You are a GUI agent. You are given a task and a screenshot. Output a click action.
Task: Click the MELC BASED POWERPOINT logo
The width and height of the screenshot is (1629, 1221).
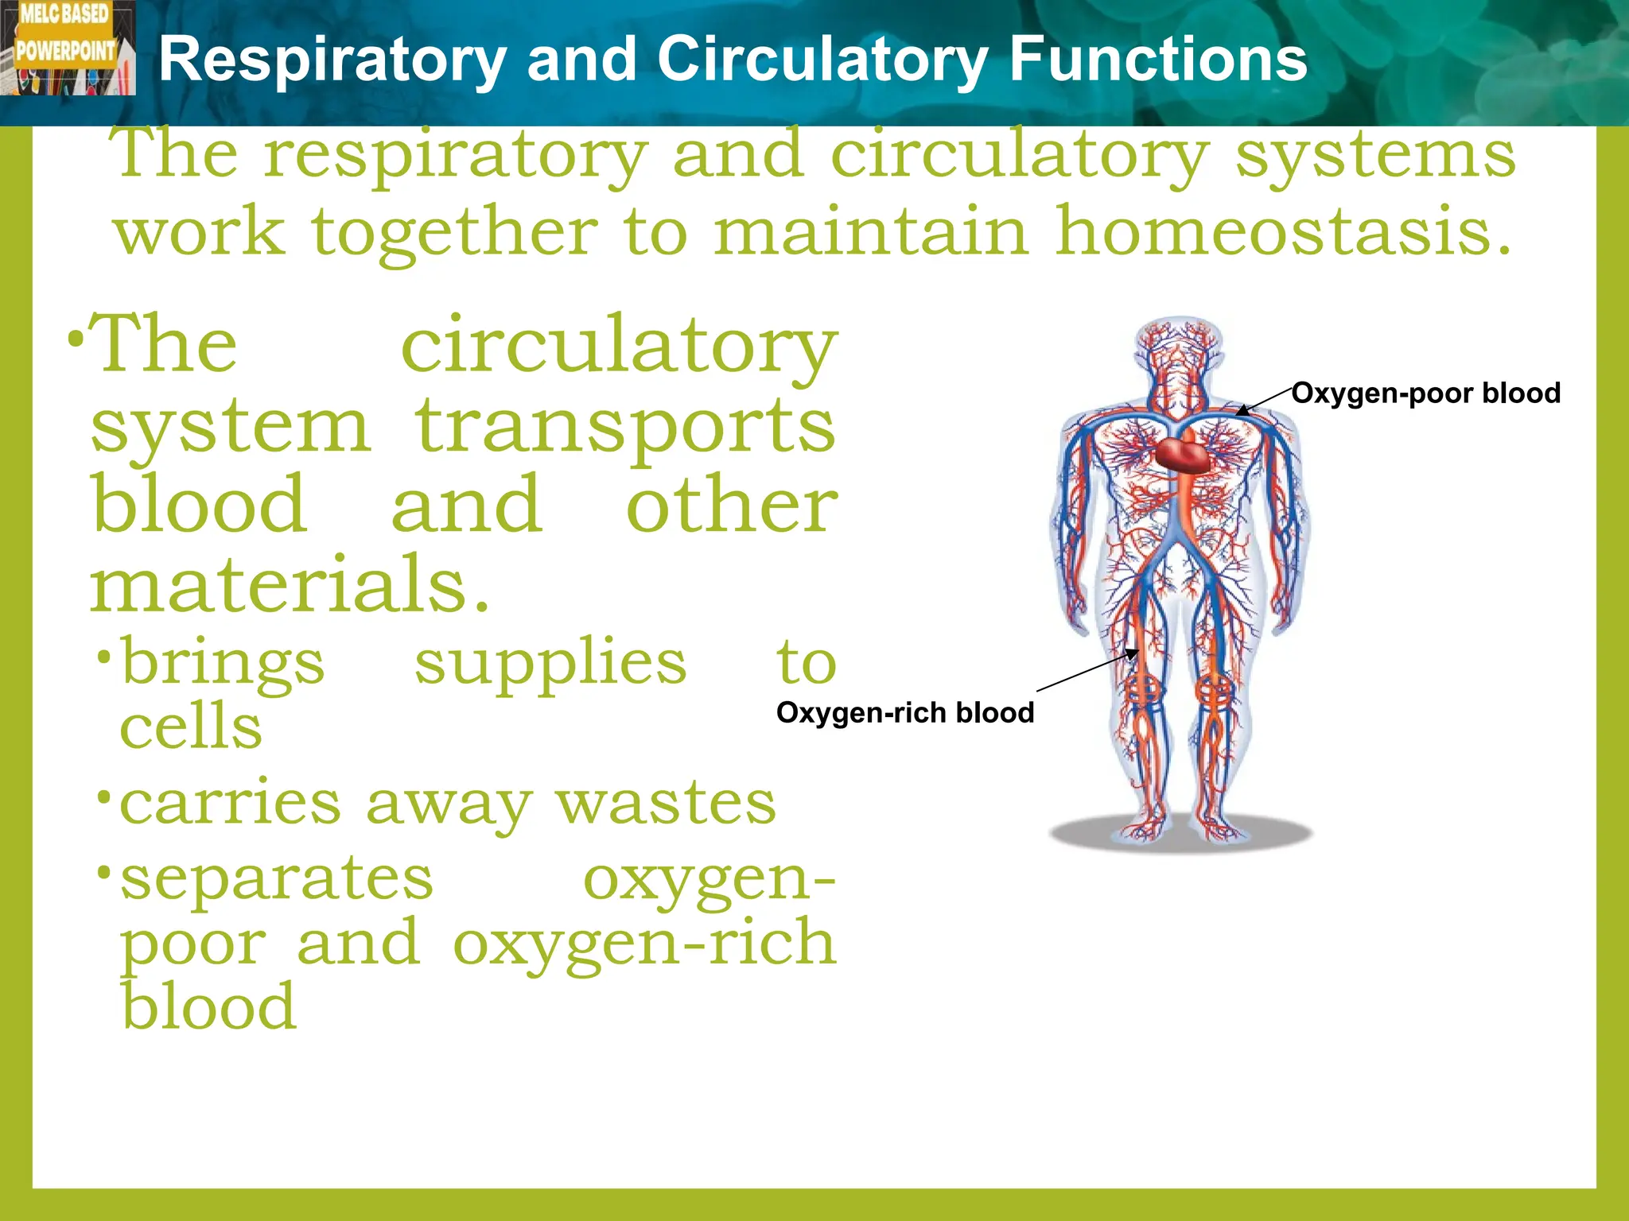(x=67, y=48)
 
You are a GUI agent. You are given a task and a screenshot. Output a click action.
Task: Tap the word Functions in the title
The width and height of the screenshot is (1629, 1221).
(x=1158, y=60)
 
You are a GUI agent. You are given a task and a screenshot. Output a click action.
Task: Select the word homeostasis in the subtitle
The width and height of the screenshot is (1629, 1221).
(x=1282, y=232)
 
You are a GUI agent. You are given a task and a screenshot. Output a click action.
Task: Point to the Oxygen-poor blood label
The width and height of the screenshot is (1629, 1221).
(x=1425, y=393)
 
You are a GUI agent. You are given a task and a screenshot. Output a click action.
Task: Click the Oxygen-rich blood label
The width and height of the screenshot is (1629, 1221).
(x=905, y=713)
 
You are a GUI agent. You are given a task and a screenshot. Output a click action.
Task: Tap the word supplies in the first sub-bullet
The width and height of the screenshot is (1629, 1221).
(x=550, y=665)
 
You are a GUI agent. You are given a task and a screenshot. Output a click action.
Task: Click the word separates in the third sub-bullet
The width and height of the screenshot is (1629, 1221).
(x=277, y=879)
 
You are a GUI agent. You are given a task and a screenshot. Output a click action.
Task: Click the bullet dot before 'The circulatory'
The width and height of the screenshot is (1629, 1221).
(x=76, y=340)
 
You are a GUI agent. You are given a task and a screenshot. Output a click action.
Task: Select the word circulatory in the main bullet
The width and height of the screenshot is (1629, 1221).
(x=619, y=347)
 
